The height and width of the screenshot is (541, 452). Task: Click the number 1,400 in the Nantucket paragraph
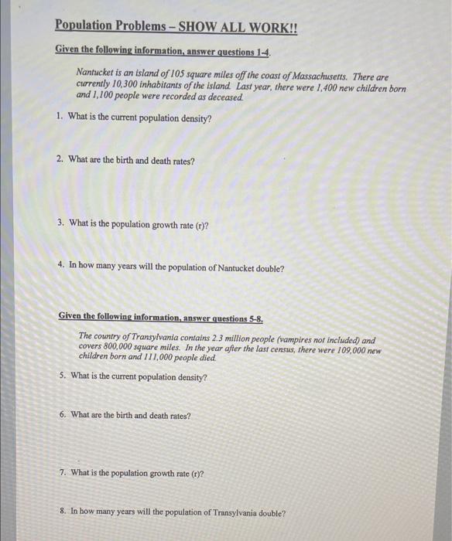324,90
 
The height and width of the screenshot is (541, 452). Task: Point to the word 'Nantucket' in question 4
238,268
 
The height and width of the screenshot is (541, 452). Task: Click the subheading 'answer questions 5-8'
215,317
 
